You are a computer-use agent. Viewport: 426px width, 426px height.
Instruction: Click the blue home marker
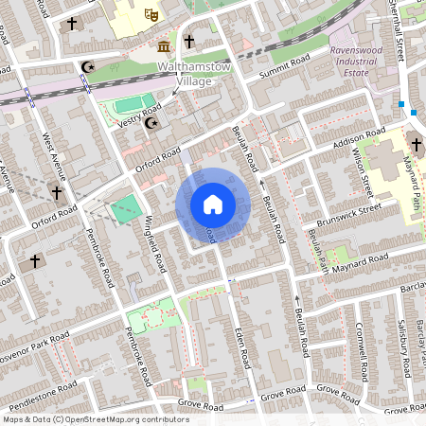tap(213, 204)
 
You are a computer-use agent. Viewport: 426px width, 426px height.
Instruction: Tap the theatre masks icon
tap(149, 14)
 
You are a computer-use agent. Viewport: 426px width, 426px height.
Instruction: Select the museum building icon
tap(165, 46)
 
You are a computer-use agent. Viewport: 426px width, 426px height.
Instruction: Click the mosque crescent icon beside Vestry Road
tap(151, 122)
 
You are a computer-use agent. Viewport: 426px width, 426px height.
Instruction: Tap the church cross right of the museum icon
tap(189, 41)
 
